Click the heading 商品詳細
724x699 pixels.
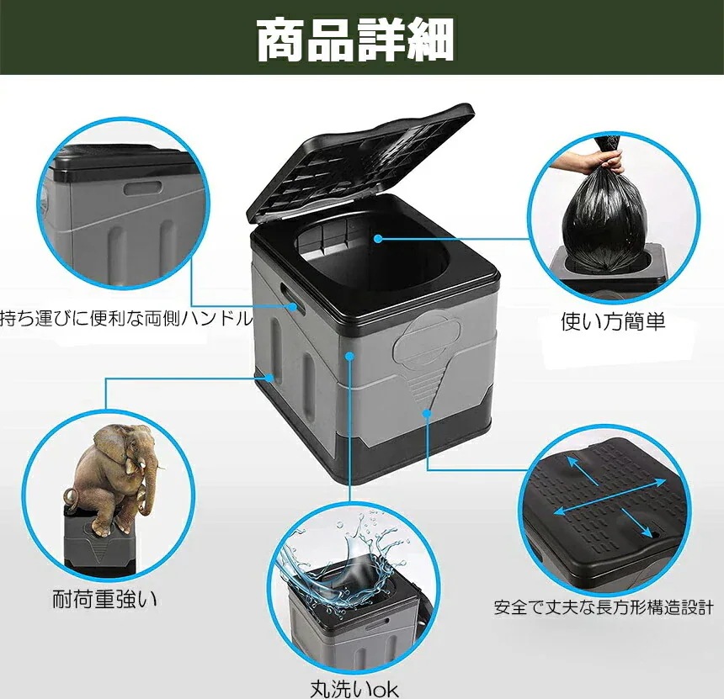tap(354, 40)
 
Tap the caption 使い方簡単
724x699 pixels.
tap(613, 320)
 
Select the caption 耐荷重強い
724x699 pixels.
tap(104, 600)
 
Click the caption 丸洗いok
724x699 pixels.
tap(354, 689)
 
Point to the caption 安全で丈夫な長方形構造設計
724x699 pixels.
tap(604, 607)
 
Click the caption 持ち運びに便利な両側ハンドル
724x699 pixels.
tap(126, 318)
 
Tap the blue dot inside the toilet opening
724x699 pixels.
tap(379, 239)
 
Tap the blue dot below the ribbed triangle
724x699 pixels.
tap(427, 413)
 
